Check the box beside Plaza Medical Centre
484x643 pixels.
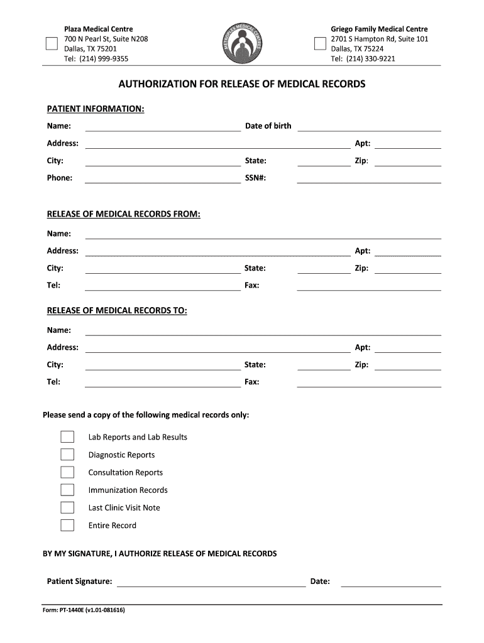pyautogui.click(x=52, y=43)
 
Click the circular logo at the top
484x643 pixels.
pyautogui.click(x=242, y=44)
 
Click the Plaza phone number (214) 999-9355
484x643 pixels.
pyautogui.click(x=96, y=59)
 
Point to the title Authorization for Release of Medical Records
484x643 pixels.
pyautogui.click(x=242, y=84)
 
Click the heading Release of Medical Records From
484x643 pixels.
pyautogui.click(x=124, y=214)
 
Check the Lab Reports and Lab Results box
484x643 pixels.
pyautogui.click(x=67, y=437)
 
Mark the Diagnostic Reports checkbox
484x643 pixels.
pyautogui.click(x=67, y=455)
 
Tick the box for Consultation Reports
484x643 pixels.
pyautogui.click(x=67, y=472)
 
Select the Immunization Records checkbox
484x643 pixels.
pyautogui.click(x=67, y=490)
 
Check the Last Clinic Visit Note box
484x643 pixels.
pyautogui.click(x=67, y=507)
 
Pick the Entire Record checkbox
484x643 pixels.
pyautogui.click(x=67, y=526)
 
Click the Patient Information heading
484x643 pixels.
pyautogui.click(x=96, y=109)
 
